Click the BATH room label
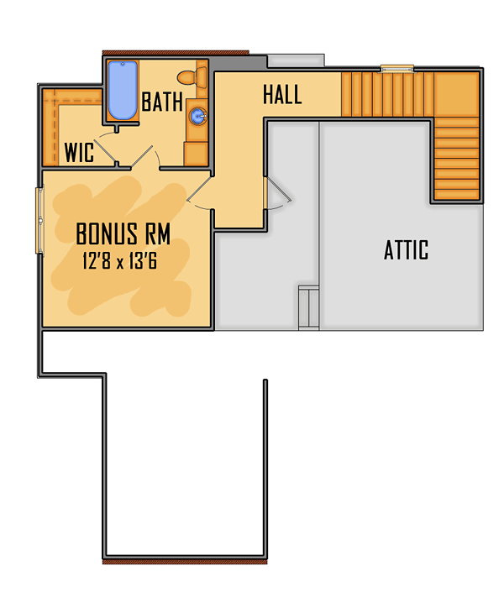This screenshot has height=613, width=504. click(x=162, y=102)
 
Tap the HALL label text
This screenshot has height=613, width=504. click(x=282, y=95)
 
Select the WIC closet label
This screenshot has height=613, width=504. click(x=79, y=152)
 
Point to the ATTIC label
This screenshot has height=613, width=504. click(x=406, y=249)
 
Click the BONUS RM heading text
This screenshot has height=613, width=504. click(x=123, y=233)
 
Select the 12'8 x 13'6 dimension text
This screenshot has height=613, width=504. click(x=119, y=261)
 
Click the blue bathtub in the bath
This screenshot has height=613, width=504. click(x=123, y=90)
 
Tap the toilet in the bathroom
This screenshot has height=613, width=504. click(x=192, y=77)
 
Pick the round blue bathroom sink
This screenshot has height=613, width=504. click(x=198, y=116)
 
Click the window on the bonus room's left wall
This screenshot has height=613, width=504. click(x=39, y=221)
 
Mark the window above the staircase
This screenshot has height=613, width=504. click(x=397, y=69)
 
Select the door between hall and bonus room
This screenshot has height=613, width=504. click(x=199, y=189)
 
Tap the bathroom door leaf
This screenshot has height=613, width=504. click(x=142, y=156)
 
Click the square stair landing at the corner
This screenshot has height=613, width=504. click(x=456, y=94)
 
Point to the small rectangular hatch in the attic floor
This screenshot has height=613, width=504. click(x=308, y=307)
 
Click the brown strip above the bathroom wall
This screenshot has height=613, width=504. click(x=176, y=53)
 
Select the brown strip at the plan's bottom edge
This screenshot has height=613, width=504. click(x=185, y=562)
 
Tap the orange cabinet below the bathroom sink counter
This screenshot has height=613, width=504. click(x=196, y=154)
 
